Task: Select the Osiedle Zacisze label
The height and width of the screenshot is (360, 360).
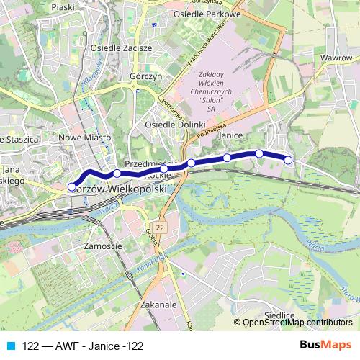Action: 121,48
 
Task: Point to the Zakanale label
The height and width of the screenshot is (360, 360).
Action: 160,305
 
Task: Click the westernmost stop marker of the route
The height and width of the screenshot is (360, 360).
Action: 72,187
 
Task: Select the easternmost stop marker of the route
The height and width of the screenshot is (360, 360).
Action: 289,160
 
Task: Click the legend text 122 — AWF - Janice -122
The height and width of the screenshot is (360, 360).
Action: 83,346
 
